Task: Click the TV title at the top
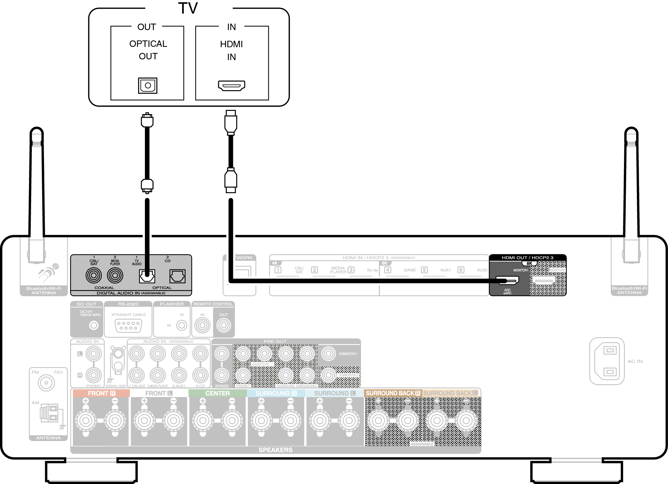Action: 188,8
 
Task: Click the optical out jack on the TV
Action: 147,85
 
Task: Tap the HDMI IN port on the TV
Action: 231,85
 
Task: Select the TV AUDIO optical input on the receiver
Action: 147,276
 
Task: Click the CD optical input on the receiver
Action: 177,276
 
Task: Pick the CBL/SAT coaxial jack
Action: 94,275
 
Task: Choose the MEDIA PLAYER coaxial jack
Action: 115,275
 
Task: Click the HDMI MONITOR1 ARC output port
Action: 507,280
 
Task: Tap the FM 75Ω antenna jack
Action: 46,383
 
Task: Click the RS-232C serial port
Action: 128,326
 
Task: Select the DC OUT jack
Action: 94,326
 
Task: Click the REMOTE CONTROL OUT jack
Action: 224,326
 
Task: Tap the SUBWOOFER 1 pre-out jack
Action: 328,354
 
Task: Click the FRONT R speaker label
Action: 101,393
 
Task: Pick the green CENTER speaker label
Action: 217,393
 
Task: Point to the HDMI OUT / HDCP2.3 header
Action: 527,258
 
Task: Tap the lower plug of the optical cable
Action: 147,185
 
